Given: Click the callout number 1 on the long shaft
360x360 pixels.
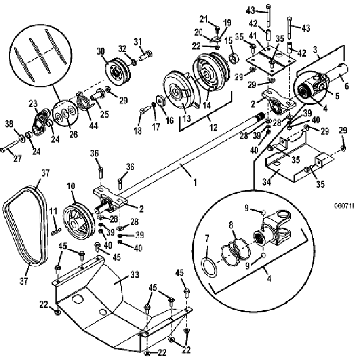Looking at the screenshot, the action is [195, 183].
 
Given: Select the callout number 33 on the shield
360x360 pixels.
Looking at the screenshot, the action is [135, 275].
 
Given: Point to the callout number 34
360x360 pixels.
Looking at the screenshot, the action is [267, 182].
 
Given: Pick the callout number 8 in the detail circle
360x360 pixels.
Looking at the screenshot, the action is [231, 225].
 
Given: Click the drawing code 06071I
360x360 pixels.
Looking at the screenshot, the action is [344, 206].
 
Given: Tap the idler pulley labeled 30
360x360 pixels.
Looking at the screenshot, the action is [118, 72].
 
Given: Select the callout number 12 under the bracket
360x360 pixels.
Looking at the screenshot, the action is [213, 127].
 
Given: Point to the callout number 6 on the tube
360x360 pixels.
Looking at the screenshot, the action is [346, 86].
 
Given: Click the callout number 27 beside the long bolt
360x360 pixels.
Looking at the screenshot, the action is [17, 159].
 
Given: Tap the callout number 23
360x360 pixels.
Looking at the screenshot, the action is [33, 104].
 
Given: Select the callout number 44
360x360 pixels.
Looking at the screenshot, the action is [94, 125].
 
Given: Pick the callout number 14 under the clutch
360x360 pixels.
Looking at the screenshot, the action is [206, 105].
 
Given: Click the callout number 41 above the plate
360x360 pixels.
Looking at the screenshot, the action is [253, 36].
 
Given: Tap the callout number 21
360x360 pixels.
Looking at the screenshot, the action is [203, 19].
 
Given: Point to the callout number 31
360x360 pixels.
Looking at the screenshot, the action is [138, 42].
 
